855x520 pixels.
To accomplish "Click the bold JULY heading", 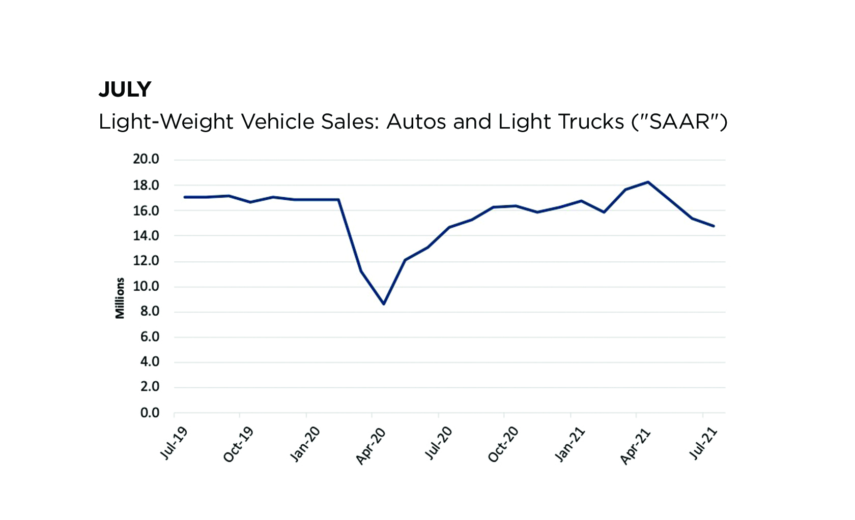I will (125, 90).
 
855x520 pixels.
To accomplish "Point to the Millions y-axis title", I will (120, 298).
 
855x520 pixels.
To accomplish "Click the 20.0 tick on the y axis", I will (146, 160).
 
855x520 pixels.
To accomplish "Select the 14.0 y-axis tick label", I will (146, 236).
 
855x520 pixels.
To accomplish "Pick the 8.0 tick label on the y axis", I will (150, 312).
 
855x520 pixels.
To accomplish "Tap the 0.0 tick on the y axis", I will (150, 413).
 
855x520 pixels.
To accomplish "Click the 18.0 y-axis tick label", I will (146, 186).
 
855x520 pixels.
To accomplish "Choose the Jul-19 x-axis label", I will (174, 444).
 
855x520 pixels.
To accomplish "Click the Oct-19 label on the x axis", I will (238, 445).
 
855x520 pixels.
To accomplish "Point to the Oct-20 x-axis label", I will (503, 445).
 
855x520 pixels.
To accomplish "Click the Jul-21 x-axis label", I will (703, 444).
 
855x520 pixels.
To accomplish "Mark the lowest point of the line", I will (384, 304).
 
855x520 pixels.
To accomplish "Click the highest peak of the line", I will (648, 182).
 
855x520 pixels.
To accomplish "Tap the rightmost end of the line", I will (714, 226).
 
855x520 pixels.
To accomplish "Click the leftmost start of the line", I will (184, 197).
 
